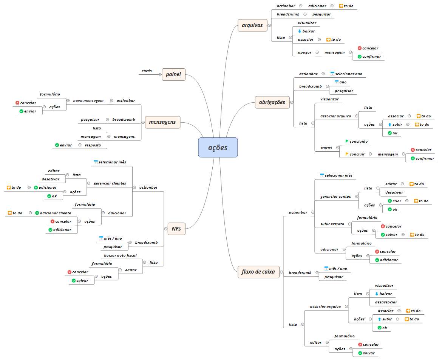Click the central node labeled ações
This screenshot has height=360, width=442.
click(x=218, y=148)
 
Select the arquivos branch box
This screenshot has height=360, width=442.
click(x=252, y=26)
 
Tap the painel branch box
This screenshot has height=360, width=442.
click(x=173, y=74)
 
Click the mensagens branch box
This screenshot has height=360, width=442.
click(x=163, y=122)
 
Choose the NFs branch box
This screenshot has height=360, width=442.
click(x=176, y=228)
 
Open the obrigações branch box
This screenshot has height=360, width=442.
click(x=272, y=102)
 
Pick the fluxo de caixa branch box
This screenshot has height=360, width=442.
click(x=258, y=272)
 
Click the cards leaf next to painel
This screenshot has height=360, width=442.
click(x=147, y=71)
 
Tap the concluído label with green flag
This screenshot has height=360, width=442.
click(x=359, y=142)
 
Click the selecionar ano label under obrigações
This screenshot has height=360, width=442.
click(x=348, y=74)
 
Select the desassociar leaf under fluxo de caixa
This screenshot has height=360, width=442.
click(x=386, y=302)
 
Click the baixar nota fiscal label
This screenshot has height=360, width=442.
click(x=120, y=255)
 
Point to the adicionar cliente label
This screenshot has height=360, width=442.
click(x=55, y=213)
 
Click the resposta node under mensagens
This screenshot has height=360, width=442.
click(x=93, y=145)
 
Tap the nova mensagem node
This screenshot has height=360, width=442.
click(x=88, y=101)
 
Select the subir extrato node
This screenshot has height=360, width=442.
click(x=332, y=224)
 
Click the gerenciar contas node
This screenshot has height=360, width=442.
click(x=335, y=196)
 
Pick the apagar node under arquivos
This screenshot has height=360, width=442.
click(x=304, y=52)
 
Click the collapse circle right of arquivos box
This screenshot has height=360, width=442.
click(x=270, y=26)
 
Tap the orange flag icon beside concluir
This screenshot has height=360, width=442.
click(x=347, y=154)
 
